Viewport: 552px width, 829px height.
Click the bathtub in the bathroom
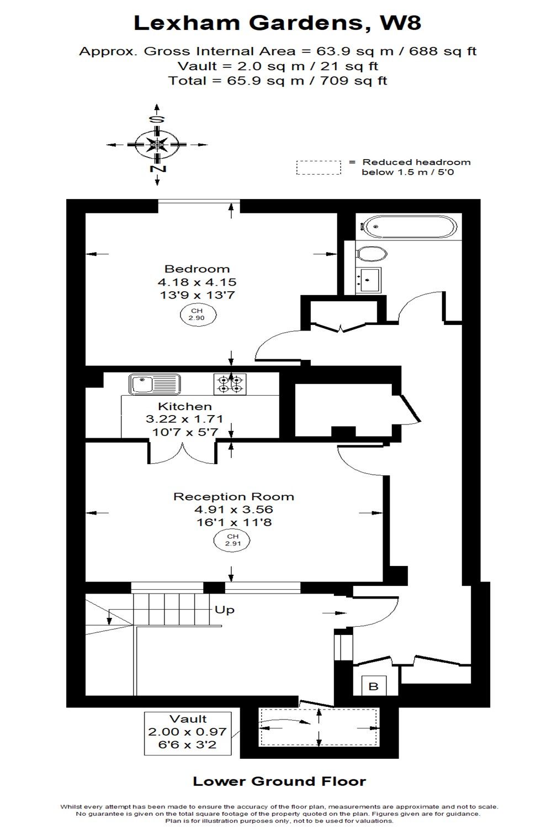(410, 227)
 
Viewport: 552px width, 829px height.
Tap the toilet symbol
(371, 254)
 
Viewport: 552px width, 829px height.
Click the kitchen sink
(155, 384)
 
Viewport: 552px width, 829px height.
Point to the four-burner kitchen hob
(230, 384)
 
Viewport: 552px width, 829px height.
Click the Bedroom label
(197, 269)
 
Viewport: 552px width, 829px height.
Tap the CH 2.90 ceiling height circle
(198, 314)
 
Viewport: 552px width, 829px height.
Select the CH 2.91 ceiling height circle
(232, 540)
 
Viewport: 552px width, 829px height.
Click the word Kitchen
(185, 406)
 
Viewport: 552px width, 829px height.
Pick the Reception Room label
(233, 496)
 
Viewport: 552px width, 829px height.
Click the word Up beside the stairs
(225, 610)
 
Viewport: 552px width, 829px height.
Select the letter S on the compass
(157, 119)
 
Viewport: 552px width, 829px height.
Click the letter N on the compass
(157, 169)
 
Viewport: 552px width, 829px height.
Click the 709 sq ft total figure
(353, 80)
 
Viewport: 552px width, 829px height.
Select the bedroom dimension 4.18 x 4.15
(197, 282)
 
